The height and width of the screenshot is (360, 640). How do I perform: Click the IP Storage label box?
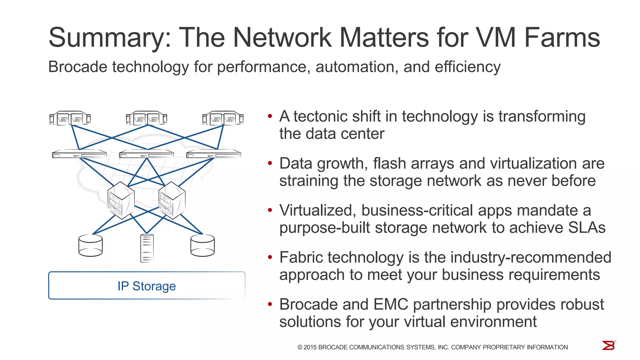click(x=147, y=286)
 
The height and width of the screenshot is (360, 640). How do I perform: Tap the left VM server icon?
click(x=70, y=118)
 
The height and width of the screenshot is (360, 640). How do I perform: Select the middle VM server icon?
click(x=146, y=118)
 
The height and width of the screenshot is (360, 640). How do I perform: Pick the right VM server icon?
click(x=223, y=118)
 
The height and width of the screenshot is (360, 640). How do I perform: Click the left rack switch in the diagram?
click(x=79, y=154)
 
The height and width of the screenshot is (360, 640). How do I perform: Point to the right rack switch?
click(x=214, y=154)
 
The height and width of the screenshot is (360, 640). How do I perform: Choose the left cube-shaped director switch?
click(x=121, y=200)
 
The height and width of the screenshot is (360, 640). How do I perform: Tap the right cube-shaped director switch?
click(x=172, y=200)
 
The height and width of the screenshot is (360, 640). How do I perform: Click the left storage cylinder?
click(x=91, y=246)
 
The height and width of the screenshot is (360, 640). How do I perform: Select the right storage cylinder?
click(x=202, y=246)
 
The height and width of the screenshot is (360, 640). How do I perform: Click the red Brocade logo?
click(x=608, y=345)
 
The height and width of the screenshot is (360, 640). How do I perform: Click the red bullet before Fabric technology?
click(x=270, y=257)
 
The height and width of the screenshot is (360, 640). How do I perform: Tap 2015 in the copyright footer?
click(x=310, y=347)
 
